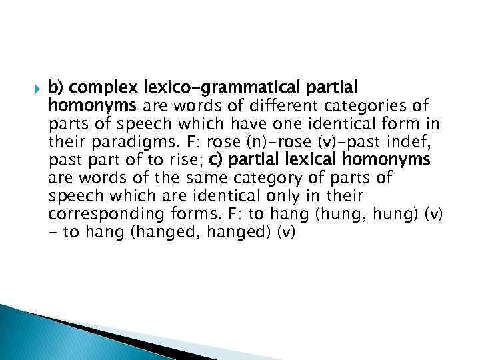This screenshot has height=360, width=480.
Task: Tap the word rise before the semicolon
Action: pos(185,160)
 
